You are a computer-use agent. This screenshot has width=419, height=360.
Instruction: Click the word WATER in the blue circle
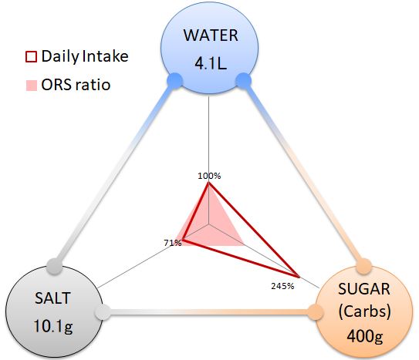tap(211, 35)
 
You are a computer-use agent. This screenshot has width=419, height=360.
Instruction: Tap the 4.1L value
tap(211, 64)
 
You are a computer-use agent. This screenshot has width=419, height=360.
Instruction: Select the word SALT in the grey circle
tap(52, 298)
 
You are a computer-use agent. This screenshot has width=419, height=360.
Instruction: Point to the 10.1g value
tap(53, 326)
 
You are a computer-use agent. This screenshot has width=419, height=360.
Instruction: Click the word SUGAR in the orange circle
tap(364, 289)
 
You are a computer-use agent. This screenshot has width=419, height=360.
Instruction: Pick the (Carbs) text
tap(364, 311)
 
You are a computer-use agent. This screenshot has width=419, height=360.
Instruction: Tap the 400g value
tap(365, 336)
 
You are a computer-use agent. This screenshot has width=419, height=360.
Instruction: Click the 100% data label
tap(209, 176)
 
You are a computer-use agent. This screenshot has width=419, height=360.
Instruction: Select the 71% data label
tap(173, 243)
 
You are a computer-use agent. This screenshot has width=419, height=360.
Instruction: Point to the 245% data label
tap(282, 286)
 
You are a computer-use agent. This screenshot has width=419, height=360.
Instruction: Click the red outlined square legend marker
tap(31, 56)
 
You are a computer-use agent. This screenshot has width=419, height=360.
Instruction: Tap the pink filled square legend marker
tap(32, 86)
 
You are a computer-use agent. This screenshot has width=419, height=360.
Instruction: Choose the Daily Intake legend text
tap(85, 56)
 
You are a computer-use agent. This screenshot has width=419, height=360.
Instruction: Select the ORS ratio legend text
tap(76, 85)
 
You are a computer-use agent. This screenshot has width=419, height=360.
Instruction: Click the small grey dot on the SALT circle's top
tap(55, 266)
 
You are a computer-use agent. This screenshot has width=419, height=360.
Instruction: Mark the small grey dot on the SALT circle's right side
tap(103, 312)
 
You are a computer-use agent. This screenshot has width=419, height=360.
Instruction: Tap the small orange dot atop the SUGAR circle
tap(364, 266)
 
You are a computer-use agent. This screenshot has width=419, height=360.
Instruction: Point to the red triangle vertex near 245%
tap(299, 277)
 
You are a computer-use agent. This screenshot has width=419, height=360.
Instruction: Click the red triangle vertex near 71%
tap(184, 240)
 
